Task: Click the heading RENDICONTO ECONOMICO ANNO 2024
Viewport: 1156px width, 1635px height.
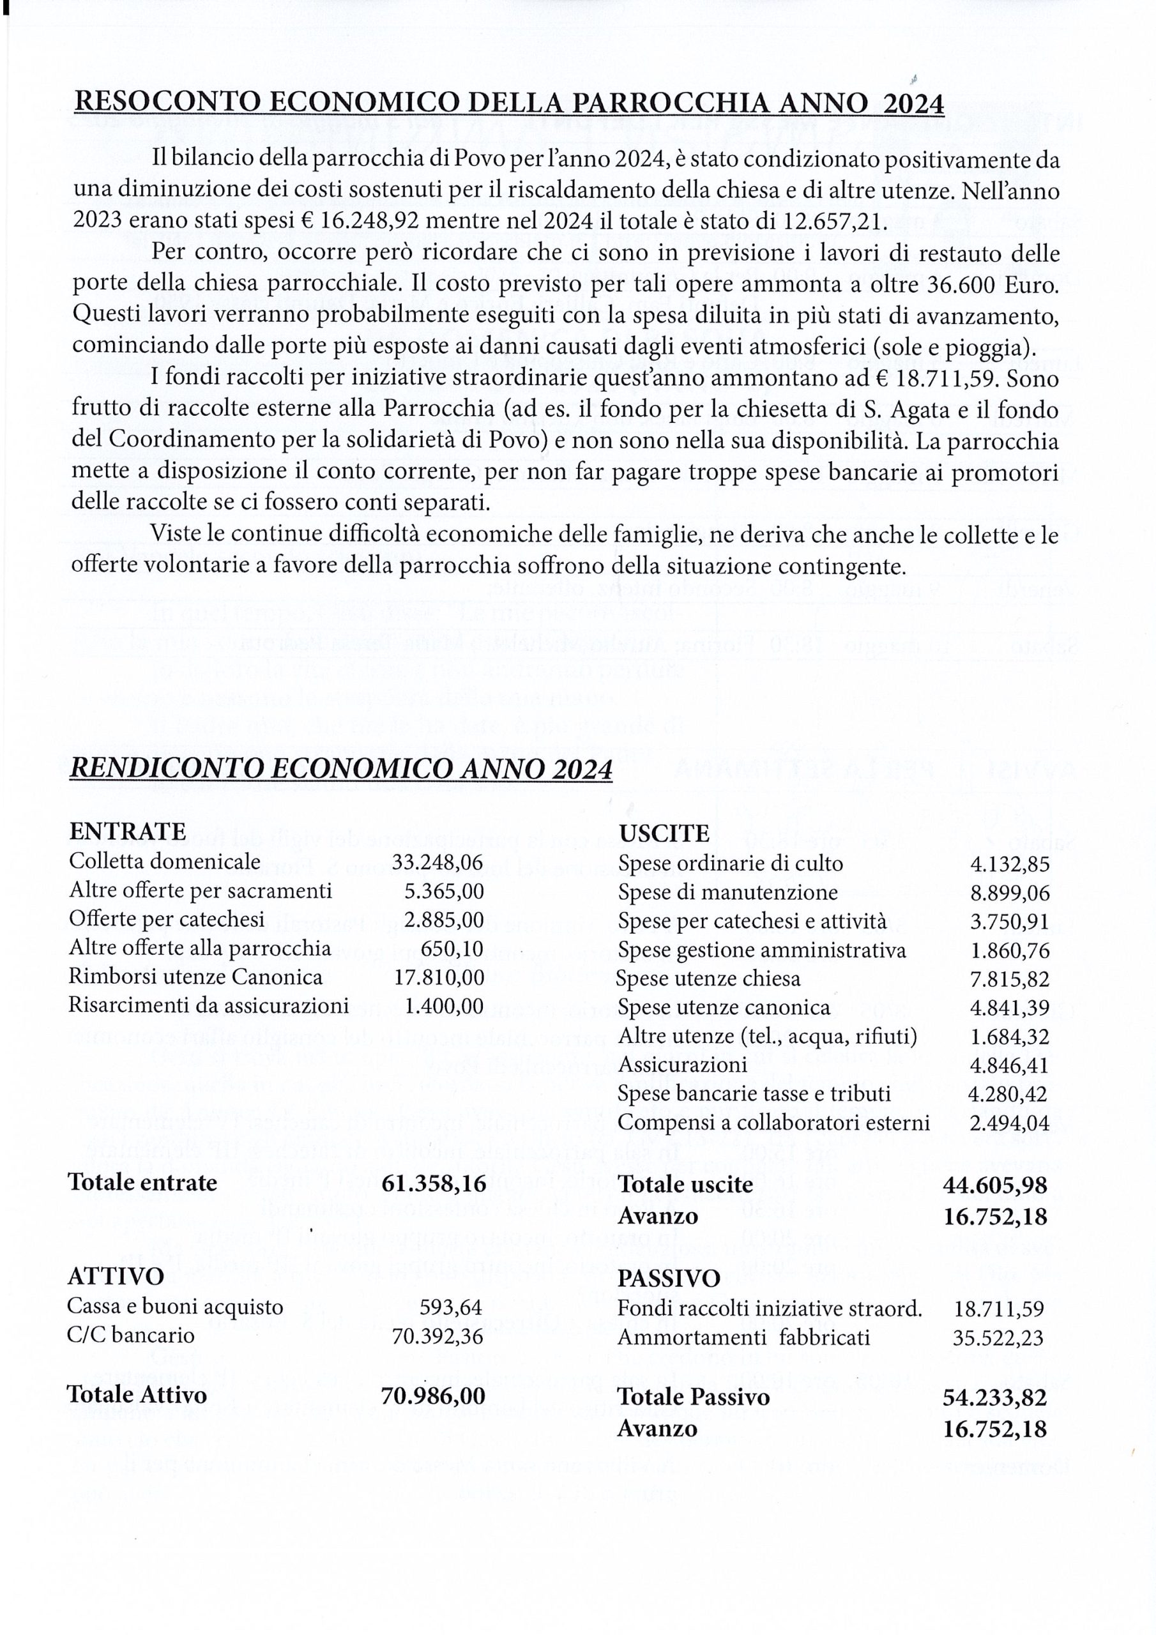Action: (340, 770)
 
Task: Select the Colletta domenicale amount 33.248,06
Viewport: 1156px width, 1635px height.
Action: (437, 862)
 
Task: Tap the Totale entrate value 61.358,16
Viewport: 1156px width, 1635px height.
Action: (434, 1183)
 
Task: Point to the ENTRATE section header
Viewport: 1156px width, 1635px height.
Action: (128, 831)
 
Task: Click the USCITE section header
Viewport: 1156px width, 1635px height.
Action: (664, 833)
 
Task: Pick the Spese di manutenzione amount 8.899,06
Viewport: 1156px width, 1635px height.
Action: (1009, 893)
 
